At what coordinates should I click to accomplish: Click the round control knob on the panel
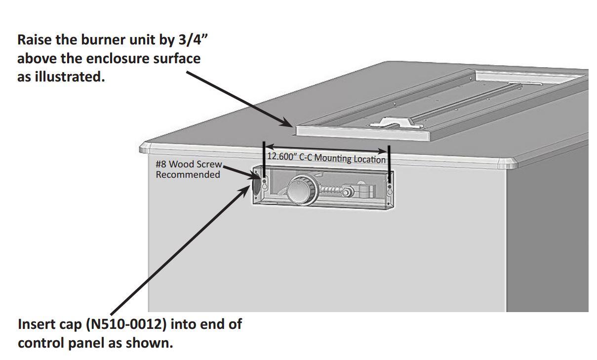[x=301, y=190]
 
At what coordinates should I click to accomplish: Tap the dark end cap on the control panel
[x=257, y=184]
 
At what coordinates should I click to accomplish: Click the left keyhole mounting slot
[x=265, y=186]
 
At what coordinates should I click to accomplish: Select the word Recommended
[x=188, y=174]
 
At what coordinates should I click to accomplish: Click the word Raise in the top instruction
[x=34, y=40]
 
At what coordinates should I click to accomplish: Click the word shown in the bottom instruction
[x=156, y=343]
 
